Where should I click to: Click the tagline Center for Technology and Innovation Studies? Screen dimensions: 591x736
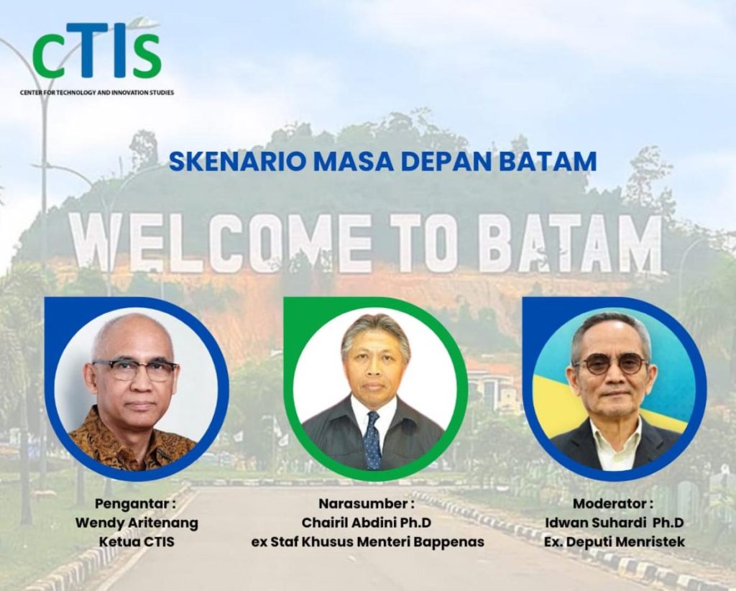[97, 93]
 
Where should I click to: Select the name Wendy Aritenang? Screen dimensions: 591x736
[137, 523]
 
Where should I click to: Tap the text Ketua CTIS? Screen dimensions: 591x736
[137, 541]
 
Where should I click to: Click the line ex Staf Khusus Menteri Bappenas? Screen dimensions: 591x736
[368, 541]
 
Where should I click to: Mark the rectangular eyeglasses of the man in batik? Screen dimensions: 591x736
[134, 370]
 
